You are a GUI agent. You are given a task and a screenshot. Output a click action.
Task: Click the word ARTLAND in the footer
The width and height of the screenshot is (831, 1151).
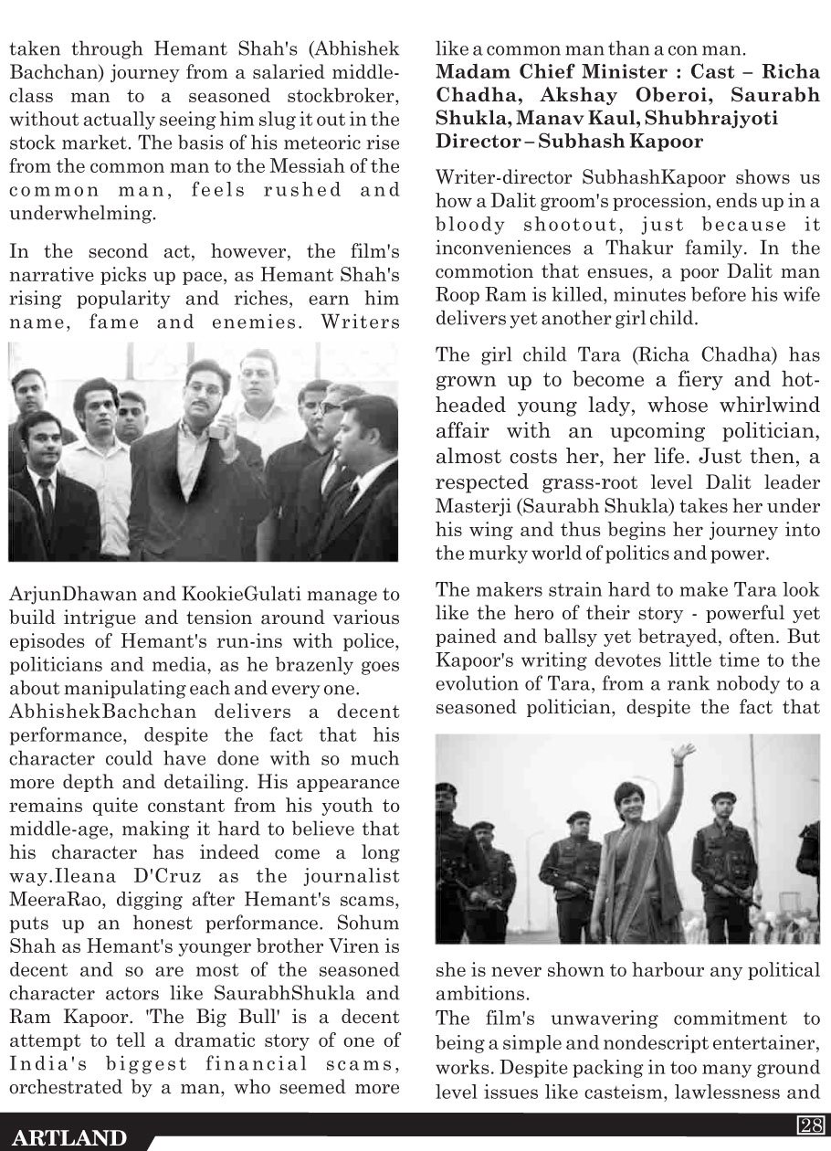pyautogui.click(x=69, y=1137)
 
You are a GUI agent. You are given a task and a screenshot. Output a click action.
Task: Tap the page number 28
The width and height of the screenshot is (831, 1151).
pyautogui.click(x=810, y=1125)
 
